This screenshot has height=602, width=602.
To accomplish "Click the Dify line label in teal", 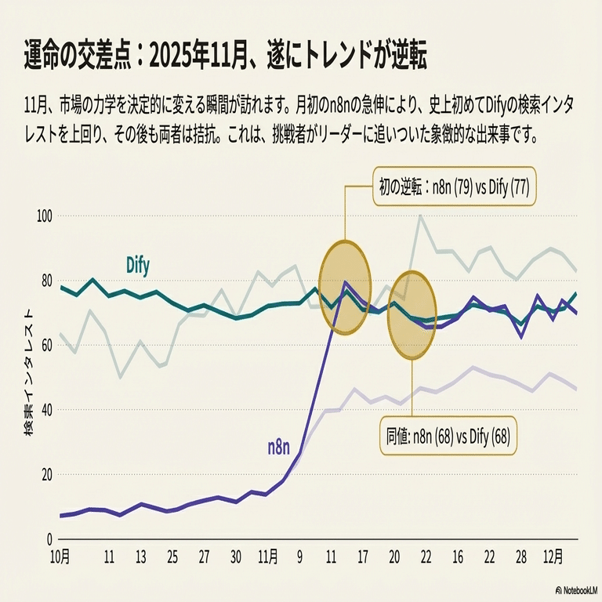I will click(x=138, y=265).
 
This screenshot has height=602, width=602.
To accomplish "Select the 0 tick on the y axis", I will click(x=48, y=539).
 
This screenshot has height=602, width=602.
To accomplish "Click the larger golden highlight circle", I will click(x=345, y=287).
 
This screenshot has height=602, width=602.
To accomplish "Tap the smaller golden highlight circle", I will click(x=412, y=315).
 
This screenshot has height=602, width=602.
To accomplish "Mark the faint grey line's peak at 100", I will click(x=422, y=216).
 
